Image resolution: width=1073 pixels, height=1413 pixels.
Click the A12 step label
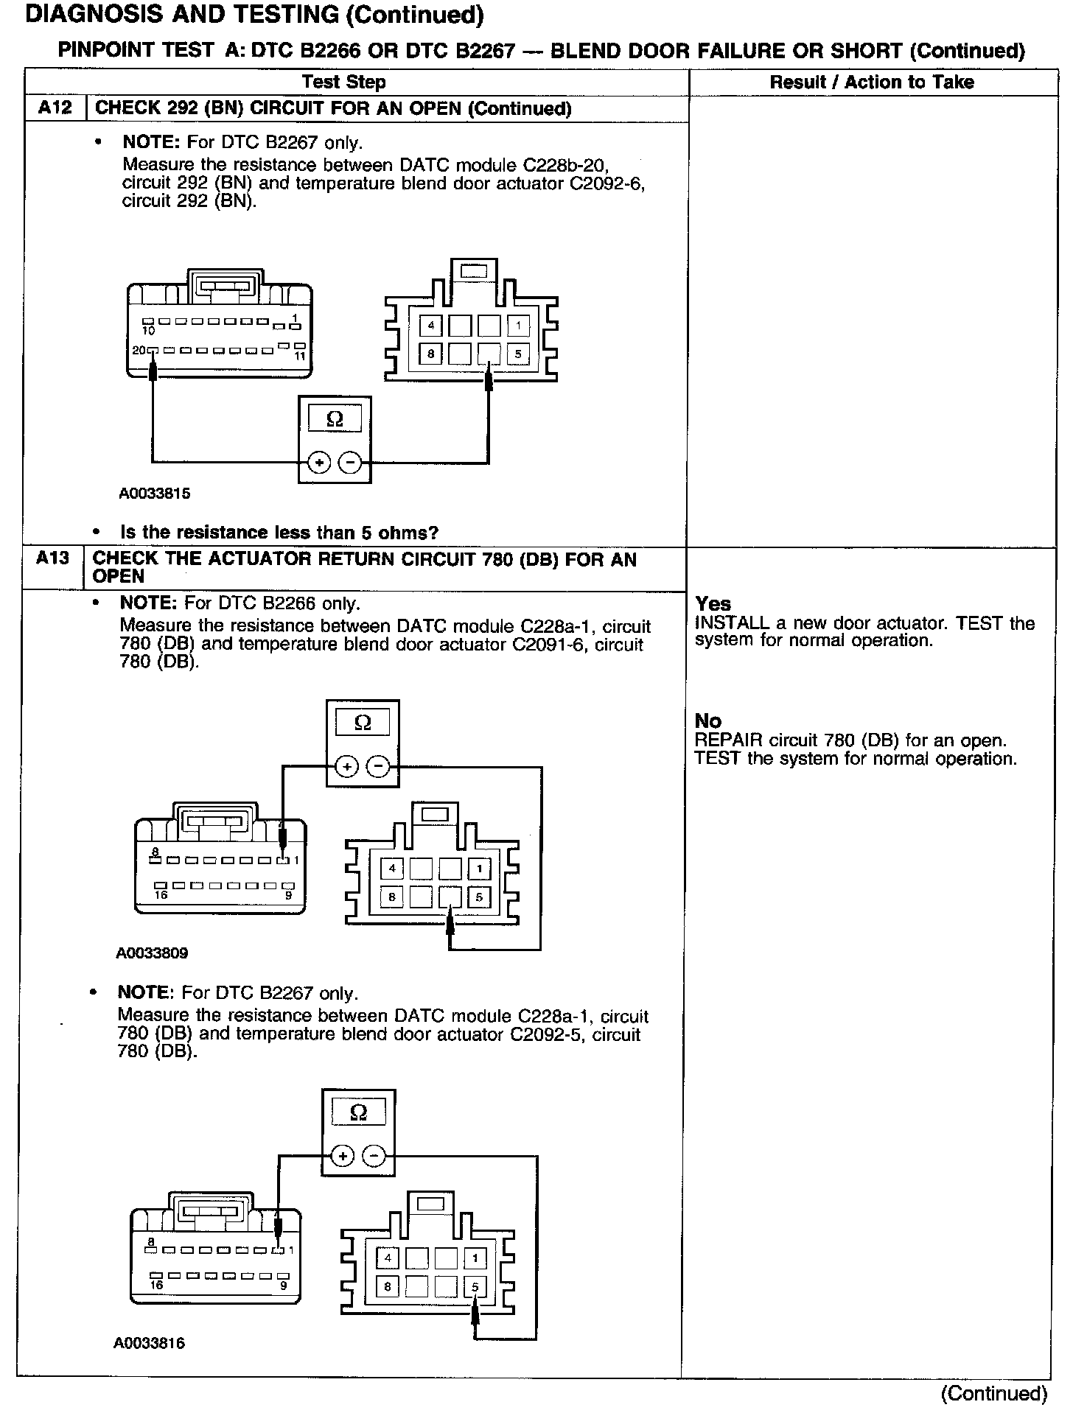[x=55, y=108]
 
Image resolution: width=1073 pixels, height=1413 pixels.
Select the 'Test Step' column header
[x=343, y=82]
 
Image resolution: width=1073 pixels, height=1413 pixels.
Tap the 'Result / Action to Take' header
[x=872, y=82]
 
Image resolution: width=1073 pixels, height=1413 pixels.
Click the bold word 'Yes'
[x=713, y=604]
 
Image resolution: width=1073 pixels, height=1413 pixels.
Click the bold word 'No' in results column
[x=707, y=721]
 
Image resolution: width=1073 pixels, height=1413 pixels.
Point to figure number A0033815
[x=155, y=494]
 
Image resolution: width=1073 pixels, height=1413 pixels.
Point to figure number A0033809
[x=152, y=953]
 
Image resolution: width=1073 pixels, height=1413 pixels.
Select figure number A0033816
[x=149, y=1343]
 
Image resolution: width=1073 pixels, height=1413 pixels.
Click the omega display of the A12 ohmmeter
[x=335, y=419]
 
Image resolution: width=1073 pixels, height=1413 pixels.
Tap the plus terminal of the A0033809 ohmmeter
[x=346, y=767]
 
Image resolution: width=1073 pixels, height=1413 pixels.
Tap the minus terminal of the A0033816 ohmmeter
[x=374, y=1157]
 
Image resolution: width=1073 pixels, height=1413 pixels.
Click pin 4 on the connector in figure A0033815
[x=430, y=325]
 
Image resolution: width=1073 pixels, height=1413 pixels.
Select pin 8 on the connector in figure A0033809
[x=392, y=897]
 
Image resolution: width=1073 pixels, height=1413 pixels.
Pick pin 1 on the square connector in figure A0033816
[x=475, y=1258]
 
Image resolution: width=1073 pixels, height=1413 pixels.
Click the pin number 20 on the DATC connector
[x=139, y=351]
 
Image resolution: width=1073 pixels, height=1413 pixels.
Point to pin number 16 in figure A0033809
[x=160, y=896]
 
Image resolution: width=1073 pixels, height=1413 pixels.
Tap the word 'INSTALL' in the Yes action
[x=732, y=623]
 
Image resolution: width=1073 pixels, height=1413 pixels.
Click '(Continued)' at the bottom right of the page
[x=993, y=1393]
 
